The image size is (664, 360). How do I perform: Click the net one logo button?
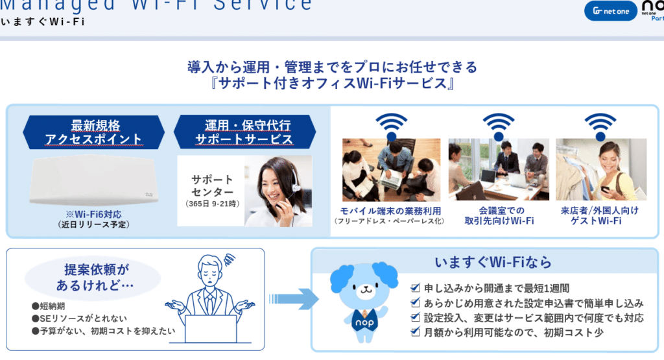tap(611, 10)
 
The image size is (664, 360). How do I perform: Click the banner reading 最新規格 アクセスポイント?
tap(94, 132)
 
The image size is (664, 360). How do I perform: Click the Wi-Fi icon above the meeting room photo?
tap(498, 125)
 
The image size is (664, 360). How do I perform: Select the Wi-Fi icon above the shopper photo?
tap(600, 125)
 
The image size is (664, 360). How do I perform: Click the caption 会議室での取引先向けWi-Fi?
tap(498, 216)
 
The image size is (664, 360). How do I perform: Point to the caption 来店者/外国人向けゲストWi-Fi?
tap(600, 216)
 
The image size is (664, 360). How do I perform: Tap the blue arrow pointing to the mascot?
tap(294, 299)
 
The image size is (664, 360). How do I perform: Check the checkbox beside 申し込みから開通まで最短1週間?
tap(416, 288)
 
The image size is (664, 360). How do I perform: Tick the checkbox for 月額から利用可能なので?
tap(416, 332)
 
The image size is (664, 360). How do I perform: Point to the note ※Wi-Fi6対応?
tap(94, 214)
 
